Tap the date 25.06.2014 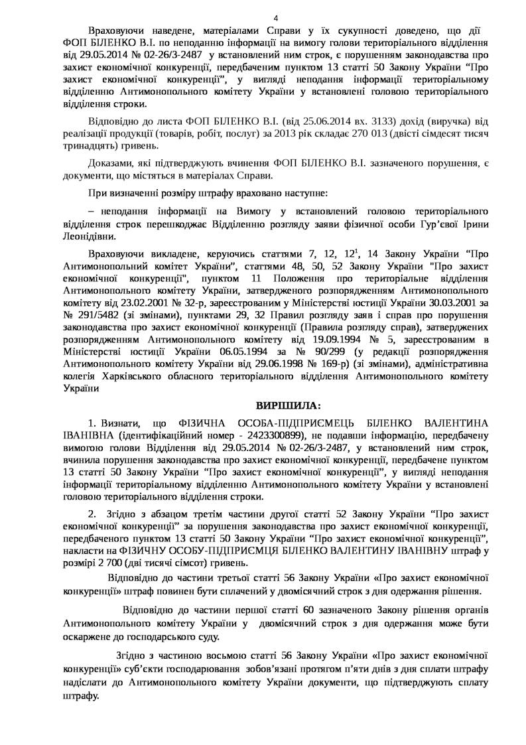tap(316, 120)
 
